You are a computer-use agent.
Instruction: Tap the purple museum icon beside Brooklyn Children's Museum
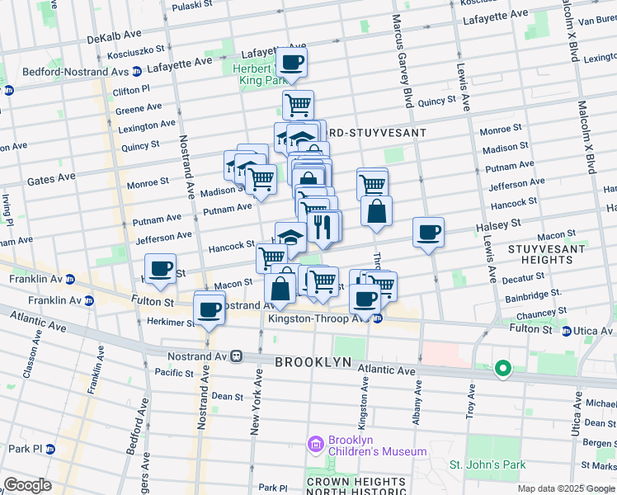[314, 445]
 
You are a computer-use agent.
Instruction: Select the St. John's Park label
[487, 464]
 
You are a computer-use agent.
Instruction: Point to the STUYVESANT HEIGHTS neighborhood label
[540, 253]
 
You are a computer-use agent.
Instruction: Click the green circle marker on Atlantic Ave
[502, 370]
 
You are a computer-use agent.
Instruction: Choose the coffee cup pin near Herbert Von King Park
[290, 62]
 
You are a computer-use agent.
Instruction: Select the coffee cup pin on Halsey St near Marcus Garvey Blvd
[428, 233]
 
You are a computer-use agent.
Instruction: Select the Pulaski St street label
[193, 7]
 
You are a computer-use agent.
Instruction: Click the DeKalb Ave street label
[115, 39]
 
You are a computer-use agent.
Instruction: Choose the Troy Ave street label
[473, 404]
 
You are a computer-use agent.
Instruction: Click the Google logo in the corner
[27, 485]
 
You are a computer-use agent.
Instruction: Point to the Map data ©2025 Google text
[565, 488]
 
